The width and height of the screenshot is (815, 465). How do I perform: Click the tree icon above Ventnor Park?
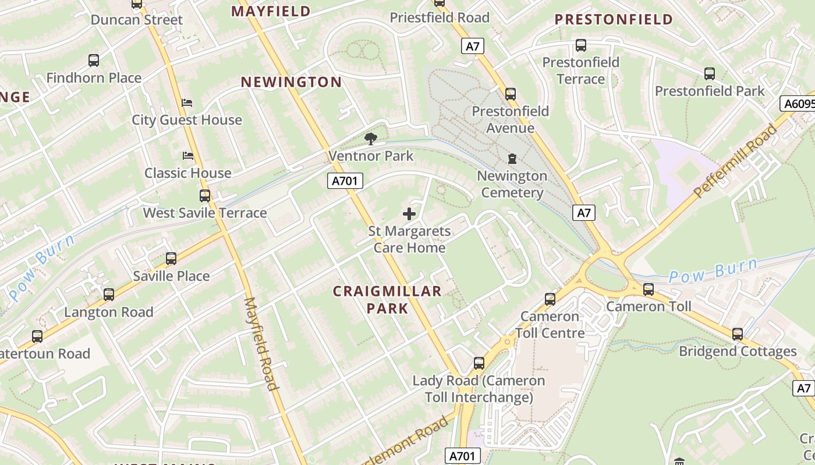(370, 138)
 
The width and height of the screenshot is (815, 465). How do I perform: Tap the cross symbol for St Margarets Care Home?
(409, 214)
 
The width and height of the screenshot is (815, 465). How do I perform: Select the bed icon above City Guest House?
(187, 103)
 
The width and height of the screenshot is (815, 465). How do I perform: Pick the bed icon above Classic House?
(187, 156)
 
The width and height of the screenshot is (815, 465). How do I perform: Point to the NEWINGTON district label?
(291, 82)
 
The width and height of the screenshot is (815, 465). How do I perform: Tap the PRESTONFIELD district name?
(614, 20)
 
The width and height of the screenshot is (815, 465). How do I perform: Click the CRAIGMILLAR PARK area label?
(387, 299)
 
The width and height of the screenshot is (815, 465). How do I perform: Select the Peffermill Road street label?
(736, 160)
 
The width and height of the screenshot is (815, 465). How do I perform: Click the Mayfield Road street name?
(261, 344)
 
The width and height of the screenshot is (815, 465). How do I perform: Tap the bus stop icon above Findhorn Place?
(94, 60)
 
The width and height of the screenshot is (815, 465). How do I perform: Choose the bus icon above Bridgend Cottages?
(738, 334)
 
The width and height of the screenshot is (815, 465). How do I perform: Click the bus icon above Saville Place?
(171, 259)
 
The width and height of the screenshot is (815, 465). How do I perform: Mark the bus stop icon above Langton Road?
(109, 295)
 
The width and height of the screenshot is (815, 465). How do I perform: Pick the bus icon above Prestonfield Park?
(710, 74)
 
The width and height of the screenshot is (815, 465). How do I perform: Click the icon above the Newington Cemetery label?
(512, 159)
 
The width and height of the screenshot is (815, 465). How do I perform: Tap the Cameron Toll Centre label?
(550, 324)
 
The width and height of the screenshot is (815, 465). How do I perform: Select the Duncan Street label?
(137, 20)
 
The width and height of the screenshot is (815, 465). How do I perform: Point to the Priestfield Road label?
(440, 17)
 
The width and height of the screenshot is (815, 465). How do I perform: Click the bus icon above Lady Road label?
(479, 363)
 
